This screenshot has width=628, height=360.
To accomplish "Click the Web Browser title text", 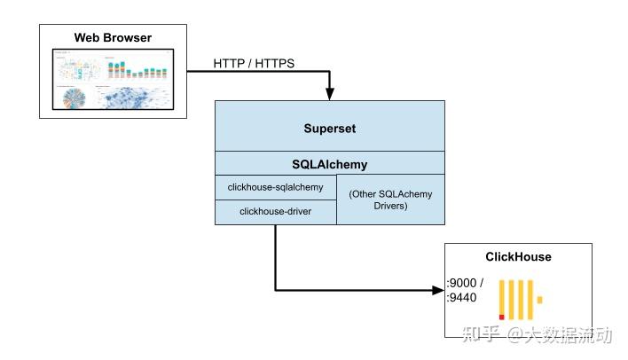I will click(x=112, y=38).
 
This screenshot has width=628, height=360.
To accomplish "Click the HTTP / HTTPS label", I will click(x=255, y=64).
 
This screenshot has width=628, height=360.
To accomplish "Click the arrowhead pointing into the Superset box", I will click(x=330, y=95).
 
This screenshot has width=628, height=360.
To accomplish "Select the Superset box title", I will click(x=329, y=128).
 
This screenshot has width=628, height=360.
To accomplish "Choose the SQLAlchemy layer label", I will click(x=329, y=164).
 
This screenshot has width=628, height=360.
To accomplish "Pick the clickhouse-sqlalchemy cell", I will click(x=276, y=187).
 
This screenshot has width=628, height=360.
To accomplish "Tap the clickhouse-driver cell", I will click(x=276, y=212).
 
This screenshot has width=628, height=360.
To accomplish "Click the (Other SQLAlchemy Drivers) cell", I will click(x=390, y=200).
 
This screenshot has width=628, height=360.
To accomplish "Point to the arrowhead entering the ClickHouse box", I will click(x=438, y=289).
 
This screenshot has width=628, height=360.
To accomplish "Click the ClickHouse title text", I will click(x=518, y=257).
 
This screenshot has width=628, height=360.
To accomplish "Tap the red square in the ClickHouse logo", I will click(x=502, y=316).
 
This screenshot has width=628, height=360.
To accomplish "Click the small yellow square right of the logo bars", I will click(x=538, y=299).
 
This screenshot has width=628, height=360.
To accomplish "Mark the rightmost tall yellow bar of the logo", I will click(x=530, y=299).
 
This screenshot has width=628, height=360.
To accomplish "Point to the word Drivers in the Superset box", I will click(x=390, y=206).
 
